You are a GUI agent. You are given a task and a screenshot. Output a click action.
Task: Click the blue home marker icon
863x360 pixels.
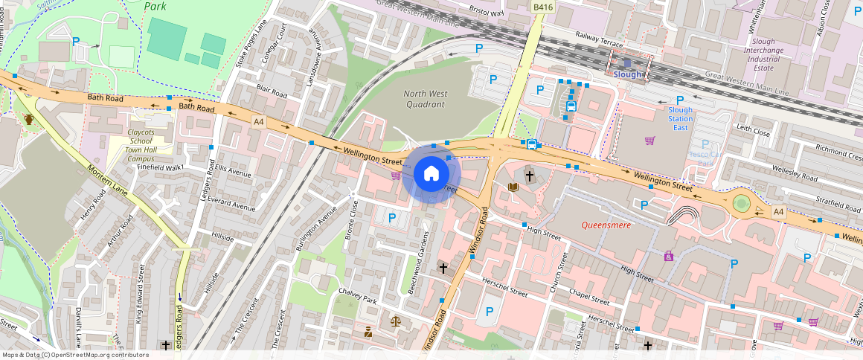[431, 174]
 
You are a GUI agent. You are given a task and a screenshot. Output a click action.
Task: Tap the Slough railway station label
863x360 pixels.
[626, 74]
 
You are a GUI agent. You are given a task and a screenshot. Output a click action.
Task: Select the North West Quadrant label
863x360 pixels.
[425, 99]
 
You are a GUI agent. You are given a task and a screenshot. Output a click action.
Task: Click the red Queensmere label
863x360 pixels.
[606, 225]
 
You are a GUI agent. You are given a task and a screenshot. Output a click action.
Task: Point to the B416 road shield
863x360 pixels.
[543, 7]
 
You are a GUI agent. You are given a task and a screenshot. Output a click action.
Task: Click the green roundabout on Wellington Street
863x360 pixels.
[741, 203]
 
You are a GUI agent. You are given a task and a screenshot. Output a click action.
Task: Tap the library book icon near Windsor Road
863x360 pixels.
[513, 187]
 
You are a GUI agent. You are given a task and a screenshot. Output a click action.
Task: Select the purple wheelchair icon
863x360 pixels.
[669, 256]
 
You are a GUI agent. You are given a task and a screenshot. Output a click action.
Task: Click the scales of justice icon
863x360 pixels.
[395, 321]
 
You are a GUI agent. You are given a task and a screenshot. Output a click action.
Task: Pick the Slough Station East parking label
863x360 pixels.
[679, 119]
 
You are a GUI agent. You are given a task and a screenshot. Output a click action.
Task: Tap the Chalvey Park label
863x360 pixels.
[357, 295]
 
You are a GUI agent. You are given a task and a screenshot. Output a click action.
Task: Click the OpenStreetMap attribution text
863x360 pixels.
[75, 355]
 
